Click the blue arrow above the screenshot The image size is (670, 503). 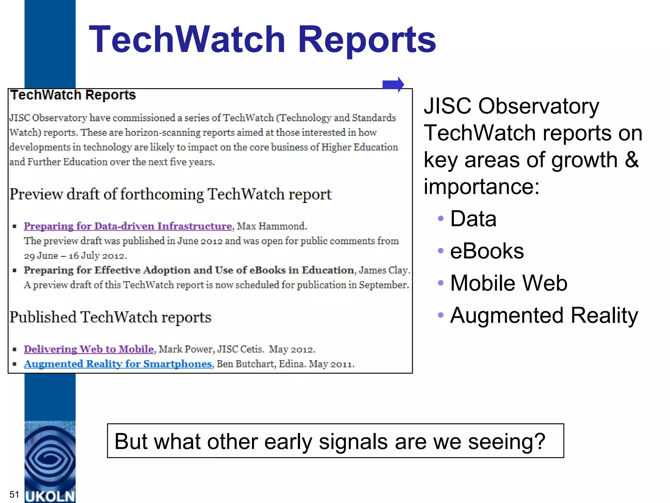pos(393,84)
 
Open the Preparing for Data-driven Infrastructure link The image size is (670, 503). pos(128,226)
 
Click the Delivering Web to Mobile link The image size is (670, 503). pos(89,349)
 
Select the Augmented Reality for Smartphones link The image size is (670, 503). pos(118,364)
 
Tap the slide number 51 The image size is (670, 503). pos(14,494)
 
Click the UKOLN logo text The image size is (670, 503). pos(50,496)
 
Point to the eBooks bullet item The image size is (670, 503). pos(486,251)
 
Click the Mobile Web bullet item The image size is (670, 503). pos(508,283)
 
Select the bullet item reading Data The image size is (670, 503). pos(473,219)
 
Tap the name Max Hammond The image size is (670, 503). pos(272,226)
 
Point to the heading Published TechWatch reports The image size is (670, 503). pos(111,317)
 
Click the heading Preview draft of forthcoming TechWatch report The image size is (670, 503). pos(170,194)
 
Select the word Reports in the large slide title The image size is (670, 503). pos(366,40)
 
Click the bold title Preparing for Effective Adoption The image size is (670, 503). pos(189,270)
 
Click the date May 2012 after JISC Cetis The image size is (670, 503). pos(292,349)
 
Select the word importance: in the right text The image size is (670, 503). pos(481,187)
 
